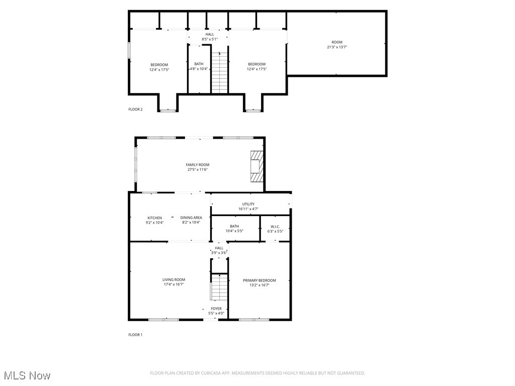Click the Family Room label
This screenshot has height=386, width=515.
(197, 165)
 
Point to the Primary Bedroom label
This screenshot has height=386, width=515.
(259, 280)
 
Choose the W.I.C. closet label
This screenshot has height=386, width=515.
(275, 227)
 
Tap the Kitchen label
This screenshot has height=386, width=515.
(154, 218)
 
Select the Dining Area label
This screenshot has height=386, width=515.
(191, 218)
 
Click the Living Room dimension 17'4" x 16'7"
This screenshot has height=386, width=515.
(174, 284)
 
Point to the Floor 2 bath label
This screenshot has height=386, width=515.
(199, 64)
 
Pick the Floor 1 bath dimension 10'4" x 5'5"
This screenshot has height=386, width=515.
(234, 231)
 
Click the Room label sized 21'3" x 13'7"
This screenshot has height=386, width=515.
(336, 42)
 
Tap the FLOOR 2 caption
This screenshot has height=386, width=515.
(135, 109)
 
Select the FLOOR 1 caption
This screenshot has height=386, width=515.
(135, 335)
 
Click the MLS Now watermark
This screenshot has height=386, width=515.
(27, 375)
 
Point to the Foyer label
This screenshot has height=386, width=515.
(216, 309)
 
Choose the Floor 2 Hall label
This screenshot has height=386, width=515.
(209, 34)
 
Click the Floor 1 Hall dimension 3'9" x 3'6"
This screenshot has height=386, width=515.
(219, 253)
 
